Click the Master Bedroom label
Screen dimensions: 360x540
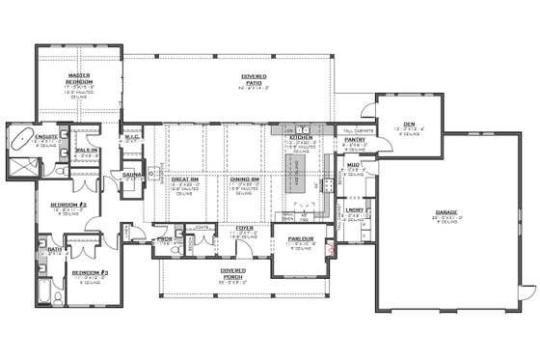79,78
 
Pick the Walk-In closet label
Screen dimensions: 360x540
86,151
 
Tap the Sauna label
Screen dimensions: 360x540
131,175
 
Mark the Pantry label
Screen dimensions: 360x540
354,139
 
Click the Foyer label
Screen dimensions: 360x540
244,228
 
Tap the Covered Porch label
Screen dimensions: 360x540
231,271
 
